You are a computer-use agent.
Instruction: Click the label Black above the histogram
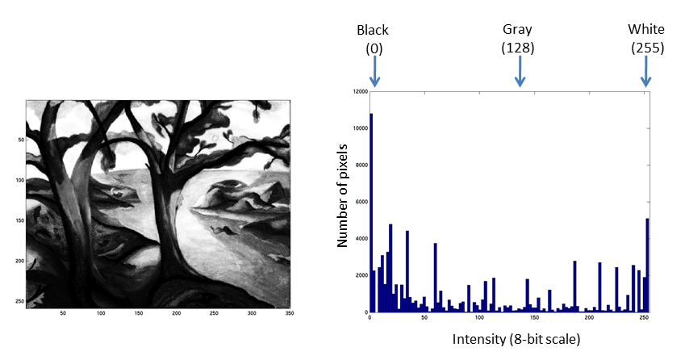(373, 30)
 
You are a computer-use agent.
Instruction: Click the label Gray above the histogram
(518, 30)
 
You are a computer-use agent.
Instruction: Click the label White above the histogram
(646, 30)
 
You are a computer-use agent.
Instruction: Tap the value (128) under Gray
(518, 48)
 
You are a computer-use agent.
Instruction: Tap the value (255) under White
(647, 48)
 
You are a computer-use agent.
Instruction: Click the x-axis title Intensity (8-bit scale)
(516, 339)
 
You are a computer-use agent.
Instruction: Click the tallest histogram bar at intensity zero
(371, 210)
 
